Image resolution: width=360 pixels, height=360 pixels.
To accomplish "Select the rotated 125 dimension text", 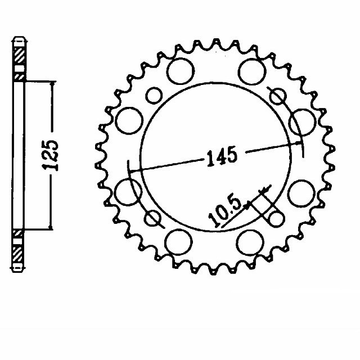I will tap(50, 155).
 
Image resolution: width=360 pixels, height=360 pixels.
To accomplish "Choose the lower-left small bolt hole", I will tap(152, 218).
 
